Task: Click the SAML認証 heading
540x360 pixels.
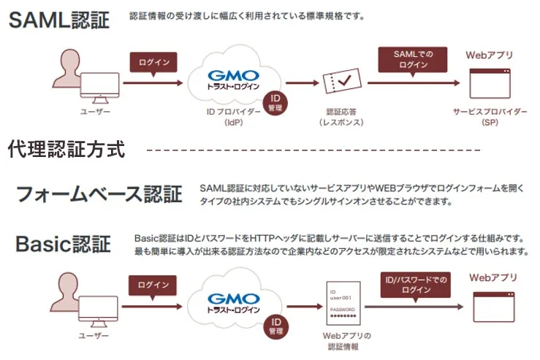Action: click(59, 20)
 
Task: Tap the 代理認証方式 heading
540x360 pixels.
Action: click(66, 150)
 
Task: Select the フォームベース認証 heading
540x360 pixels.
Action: click(99, 194)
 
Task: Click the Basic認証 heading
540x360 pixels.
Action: click(64, 243)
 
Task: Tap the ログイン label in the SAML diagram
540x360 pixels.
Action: click(153, 62)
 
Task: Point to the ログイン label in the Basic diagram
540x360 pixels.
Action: click(153, 285)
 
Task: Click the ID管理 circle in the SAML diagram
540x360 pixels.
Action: click(275, 102)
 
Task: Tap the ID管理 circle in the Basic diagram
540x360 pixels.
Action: click(275, 325)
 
